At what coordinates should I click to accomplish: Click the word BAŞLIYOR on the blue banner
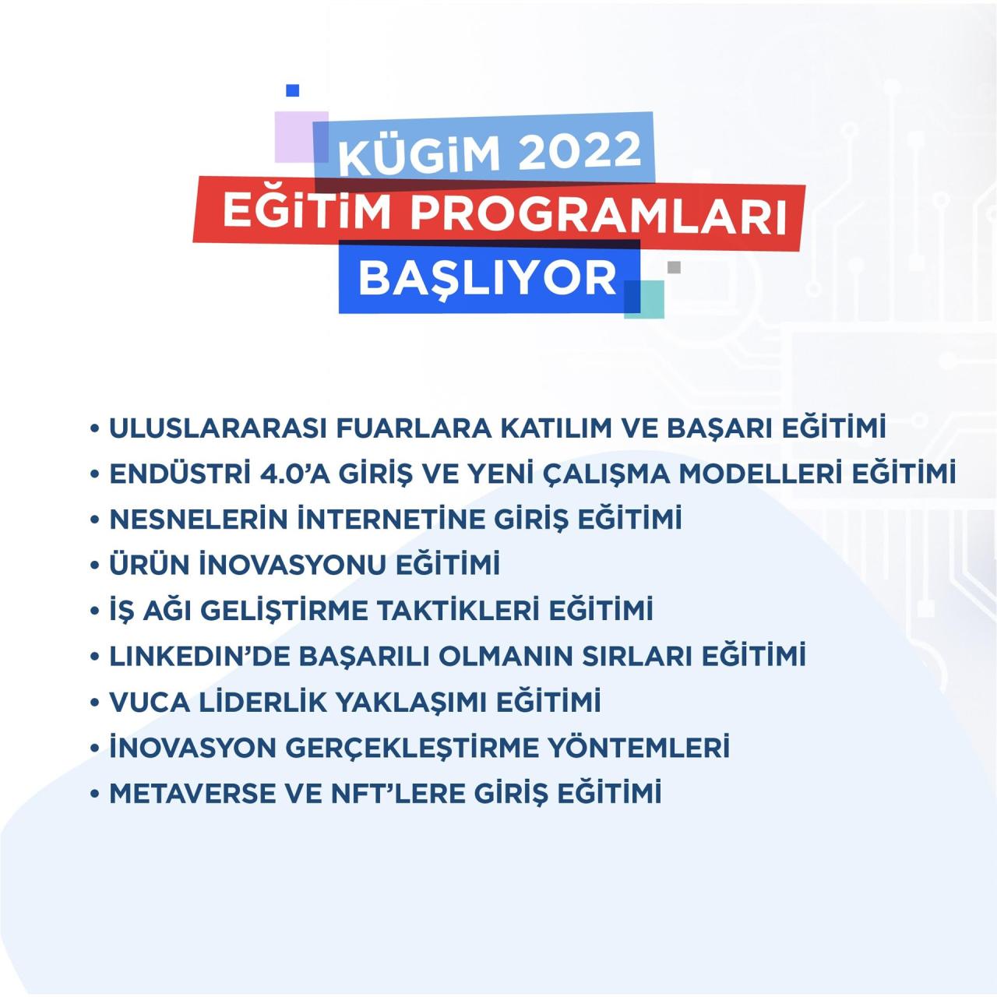point(488,278)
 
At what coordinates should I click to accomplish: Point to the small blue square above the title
point(292,91)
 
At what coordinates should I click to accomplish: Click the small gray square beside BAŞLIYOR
point(674,267)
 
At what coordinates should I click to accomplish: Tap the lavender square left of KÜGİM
point(296,137)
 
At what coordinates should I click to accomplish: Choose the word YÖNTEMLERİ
point(639,748)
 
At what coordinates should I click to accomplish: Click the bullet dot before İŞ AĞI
point(95,611)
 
